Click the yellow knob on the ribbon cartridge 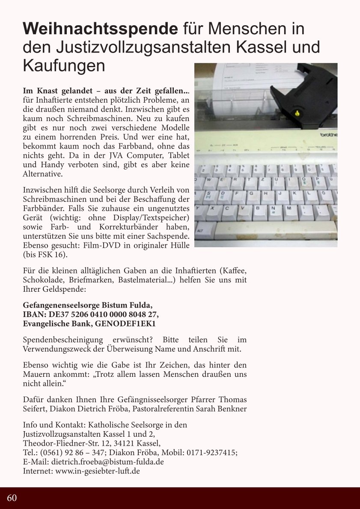point(297,113)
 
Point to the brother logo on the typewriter point(328,135)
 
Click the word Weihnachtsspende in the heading point(101,29)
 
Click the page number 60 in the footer point(12,498)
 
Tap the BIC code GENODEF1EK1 point(125,324)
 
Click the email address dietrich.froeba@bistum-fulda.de point(107,462)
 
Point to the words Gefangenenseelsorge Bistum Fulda point(87,305)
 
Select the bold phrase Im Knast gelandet point(60,91)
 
